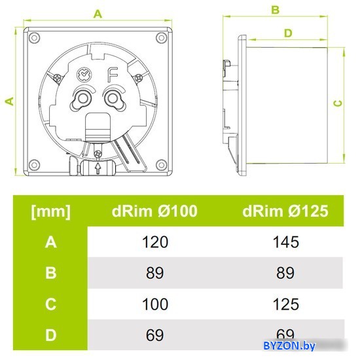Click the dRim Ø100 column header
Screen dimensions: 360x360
154,211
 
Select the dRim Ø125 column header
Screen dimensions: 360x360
285,211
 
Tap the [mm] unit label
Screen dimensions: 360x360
51,211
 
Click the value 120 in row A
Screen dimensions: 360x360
155,242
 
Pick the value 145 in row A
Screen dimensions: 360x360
286,242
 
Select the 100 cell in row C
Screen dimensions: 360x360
155,304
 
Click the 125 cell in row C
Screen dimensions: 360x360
286,304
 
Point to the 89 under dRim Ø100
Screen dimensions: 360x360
154,273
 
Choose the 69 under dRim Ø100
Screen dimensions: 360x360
154,335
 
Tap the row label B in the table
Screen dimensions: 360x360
51,273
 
